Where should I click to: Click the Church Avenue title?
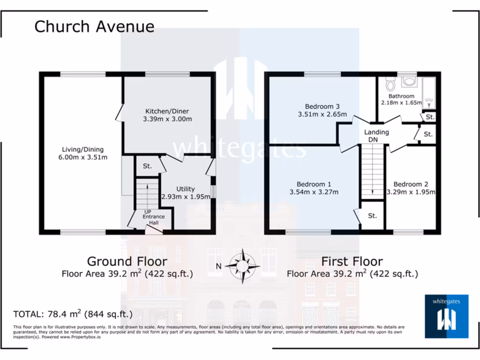94,26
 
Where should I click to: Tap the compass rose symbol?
242,266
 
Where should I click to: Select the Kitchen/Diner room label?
167,111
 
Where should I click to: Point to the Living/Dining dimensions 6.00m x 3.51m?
82,157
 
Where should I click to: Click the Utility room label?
186,189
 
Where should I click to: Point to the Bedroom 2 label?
411,184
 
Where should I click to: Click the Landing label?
376,132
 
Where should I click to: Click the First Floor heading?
352,261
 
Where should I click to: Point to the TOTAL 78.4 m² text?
73,314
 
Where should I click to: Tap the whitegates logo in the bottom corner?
446,316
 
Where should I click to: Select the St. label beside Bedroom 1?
372,216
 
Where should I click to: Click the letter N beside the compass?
218,266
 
